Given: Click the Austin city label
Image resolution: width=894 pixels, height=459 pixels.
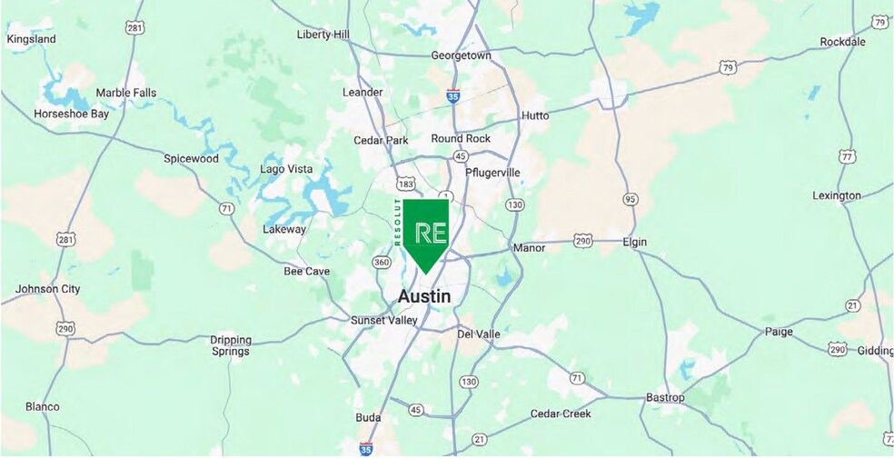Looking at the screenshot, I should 424,296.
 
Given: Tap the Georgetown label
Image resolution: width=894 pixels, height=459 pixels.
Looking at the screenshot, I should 461,55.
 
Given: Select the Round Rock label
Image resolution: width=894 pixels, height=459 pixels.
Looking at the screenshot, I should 461,138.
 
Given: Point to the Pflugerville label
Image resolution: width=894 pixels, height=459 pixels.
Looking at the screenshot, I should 492,172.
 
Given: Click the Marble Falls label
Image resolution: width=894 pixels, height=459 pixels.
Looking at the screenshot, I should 126,93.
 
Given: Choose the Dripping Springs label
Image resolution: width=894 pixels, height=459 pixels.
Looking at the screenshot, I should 231,345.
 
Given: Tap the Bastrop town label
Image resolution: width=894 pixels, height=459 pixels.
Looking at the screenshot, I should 665,397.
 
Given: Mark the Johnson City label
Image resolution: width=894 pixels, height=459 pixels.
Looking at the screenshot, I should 48,289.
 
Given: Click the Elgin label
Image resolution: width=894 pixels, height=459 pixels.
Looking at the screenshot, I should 635,242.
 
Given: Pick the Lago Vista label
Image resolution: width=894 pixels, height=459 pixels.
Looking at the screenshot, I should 286,169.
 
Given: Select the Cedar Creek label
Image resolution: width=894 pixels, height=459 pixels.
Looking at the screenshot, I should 561,414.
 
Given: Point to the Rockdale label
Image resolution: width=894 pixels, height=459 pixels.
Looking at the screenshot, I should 841,42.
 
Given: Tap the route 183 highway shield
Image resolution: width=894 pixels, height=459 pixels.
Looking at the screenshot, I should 405,184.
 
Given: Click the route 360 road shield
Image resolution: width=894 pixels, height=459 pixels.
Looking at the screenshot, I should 382,262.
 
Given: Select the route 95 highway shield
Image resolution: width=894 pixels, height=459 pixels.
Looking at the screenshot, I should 631,198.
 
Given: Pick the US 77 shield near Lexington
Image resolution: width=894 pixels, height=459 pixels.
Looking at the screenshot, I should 848,156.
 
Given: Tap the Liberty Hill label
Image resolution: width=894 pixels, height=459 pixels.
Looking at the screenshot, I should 323,35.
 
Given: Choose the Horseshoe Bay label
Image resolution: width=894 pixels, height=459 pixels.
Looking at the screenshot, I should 71,114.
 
